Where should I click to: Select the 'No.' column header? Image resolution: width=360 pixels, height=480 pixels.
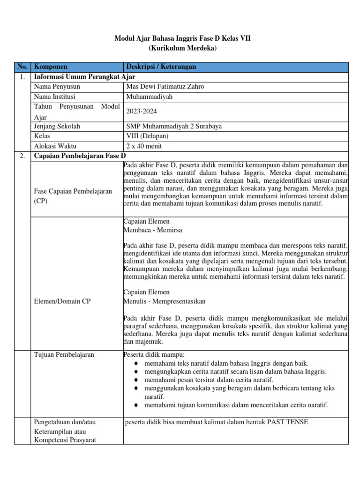pos(22,67)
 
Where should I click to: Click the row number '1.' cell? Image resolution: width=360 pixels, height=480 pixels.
pos(22,77)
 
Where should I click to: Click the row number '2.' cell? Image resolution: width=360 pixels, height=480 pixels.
pos(22,156)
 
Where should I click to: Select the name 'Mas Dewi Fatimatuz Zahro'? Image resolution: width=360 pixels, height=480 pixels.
pos(165,87)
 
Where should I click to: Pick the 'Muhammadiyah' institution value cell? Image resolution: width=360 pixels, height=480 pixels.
pos(150,97)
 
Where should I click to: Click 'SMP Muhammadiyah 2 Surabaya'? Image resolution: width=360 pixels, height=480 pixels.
pos(174,127)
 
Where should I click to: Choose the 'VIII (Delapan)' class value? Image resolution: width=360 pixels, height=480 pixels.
pos(148,136)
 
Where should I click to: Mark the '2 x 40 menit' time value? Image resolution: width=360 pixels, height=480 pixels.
pos(144,146)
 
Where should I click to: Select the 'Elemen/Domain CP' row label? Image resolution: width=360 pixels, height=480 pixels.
pos(62,301)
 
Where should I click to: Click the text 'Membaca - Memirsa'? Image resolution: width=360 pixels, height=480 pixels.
pos(153,230)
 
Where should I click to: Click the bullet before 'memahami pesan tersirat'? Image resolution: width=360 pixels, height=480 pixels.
pos(135,380)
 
